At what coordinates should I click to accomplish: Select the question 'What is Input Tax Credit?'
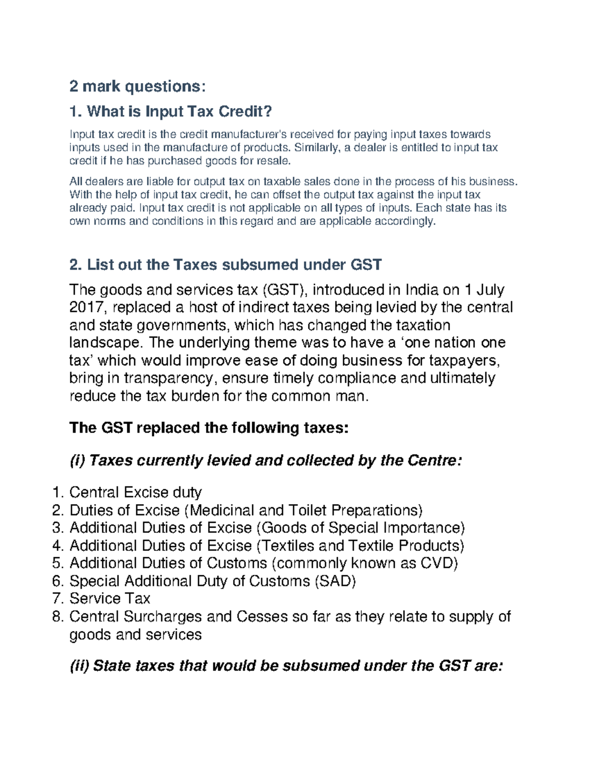[179, 112]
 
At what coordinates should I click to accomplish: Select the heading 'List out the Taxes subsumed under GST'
[234, 265]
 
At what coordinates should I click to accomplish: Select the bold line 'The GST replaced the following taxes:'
[209, 428]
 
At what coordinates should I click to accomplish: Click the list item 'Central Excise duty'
[136, 492]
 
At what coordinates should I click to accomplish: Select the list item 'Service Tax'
[110, 598]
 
